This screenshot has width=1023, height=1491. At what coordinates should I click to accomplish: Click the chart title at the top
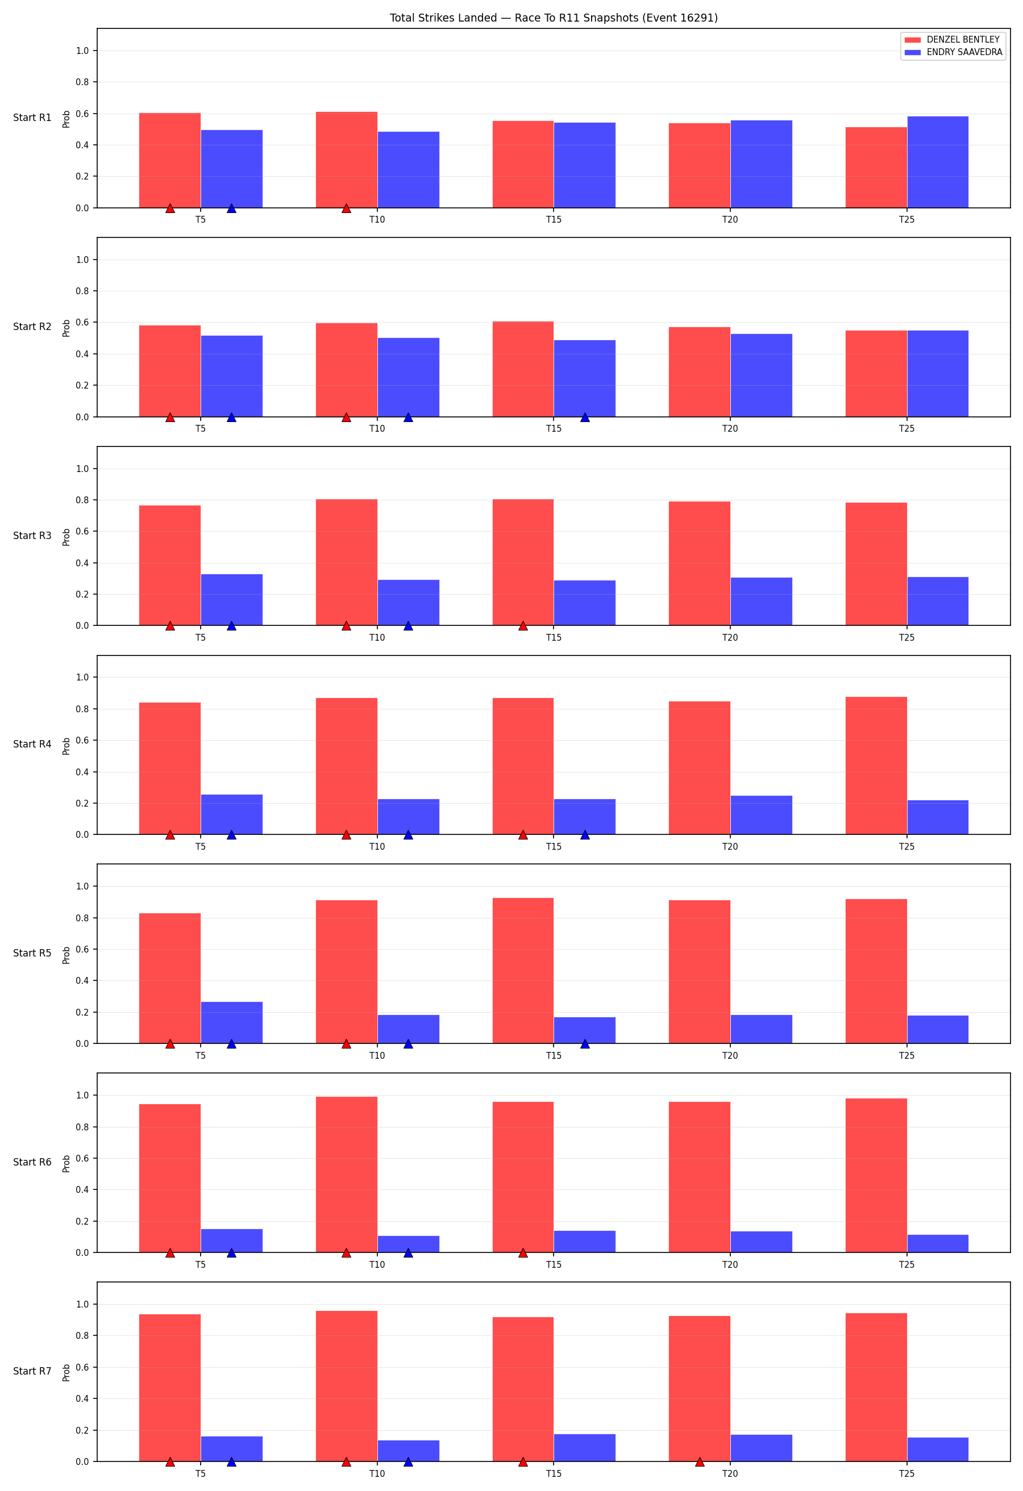pos(553,18)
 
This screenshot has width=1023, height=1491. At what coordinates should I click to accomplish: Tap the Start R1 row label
pos(32,118)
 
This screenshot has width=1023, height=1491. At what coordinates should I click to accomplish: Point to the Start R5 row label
pos(32,953)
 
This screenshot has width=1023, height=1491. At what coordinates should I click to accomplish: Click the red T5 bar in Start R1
pos(170,160)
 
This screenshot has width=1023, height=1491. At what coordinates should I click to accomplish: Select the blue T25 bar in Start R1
pos(938,162)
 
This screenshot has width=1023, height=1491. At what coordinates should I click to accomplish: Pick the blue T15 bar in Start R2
pos(585,378)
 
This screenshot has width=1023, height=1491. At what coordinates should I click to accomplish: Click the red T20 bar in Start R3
pos(700,563)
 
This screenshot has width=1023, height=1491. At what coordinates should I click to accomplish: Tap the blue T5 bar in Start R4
pos(232,815)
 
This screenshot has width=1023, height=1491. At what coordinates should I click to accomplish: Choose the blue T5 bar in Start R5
pos(232,1022)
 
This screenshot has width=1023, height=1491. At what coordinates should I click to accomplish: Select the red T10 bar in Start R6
pos(347,1175)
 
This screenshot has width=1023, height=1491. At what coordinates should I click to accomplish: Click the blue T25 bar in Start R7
pos(938,1450)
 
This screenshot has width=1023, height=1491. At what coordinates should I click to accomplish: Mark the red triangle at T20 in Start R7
pos(700,1461)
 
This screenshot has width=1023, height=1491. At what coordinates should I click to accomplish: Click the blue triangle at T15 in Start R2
pos(585,417)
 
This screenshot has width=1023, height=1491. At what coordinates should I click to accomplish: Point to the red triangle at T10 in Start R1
pos(347,208)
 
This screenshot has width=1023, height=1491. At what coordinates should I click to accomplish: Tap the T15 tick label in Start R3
pos(553,638)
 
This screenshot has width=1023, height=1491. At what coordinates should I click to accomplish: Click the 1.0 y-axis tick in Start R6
pos(82,1095)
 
